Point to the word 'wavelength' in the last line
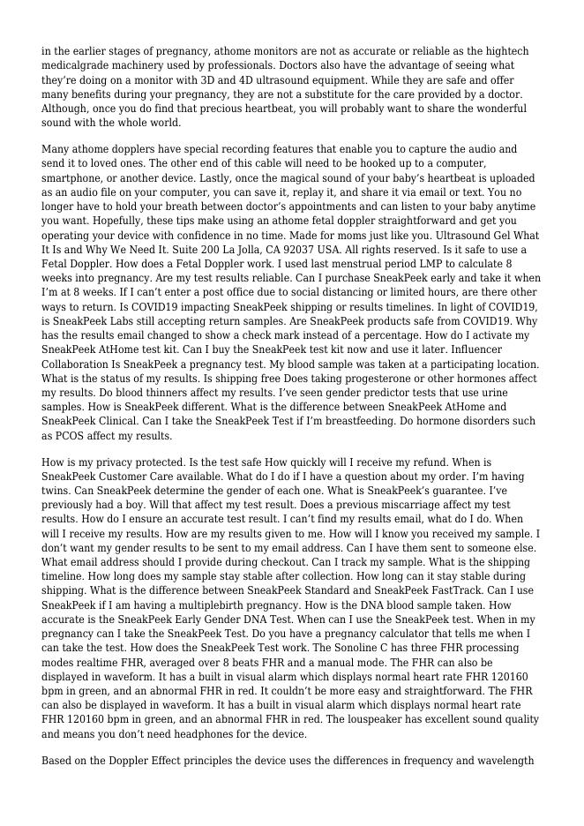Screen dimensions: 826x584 coord(505,760)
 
